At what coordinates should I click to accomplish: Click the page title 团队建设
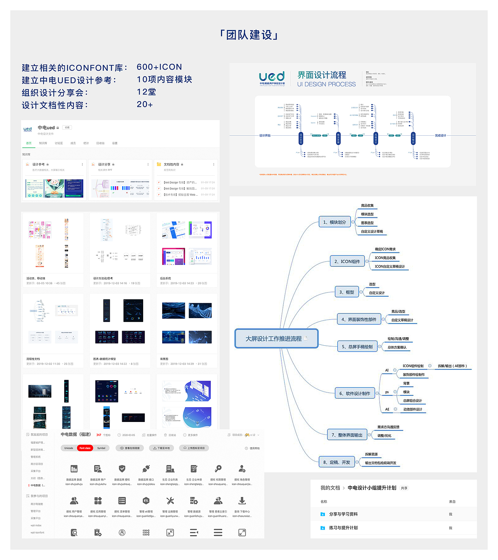[249, 35]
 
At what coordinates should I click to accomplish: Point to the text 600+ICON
[159, 67]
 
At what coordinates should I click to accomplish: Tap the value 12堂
[146, 92]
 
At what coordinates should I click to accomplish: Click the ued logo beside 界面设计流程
[272, 78]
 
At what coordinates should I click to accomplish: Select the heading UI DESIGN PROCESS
[326, 84]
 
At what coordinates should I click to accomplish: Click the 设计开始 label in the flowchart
[265, 135]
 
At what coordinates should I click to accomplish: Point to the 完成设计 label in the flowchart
[440, 135]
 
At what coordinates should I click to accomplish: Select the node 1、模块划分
[334, 222]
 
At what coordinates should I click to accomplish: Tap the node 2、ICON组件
[347, 261]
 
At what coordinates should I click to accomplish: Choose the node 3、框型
[346, 292]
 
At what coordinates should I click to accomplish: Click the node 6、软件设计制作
[354, 394]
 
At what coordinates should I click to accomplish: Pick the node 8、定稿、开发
[337, 462]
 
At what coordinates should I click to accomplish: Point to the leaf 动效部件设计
[412, 409]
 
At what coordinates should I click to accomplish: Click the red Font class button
[85, 448]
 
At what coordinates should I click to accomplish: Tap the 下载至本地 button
[161, 448]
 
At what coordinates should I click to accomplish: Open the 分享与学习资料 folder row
[343, 514]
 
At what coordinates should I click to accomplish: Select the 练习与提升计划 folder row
[343, 528]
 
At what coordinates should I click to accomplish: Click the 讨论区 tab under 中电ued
[59, 143]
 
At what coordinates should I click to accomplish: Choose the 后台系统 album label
[165, 278]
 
